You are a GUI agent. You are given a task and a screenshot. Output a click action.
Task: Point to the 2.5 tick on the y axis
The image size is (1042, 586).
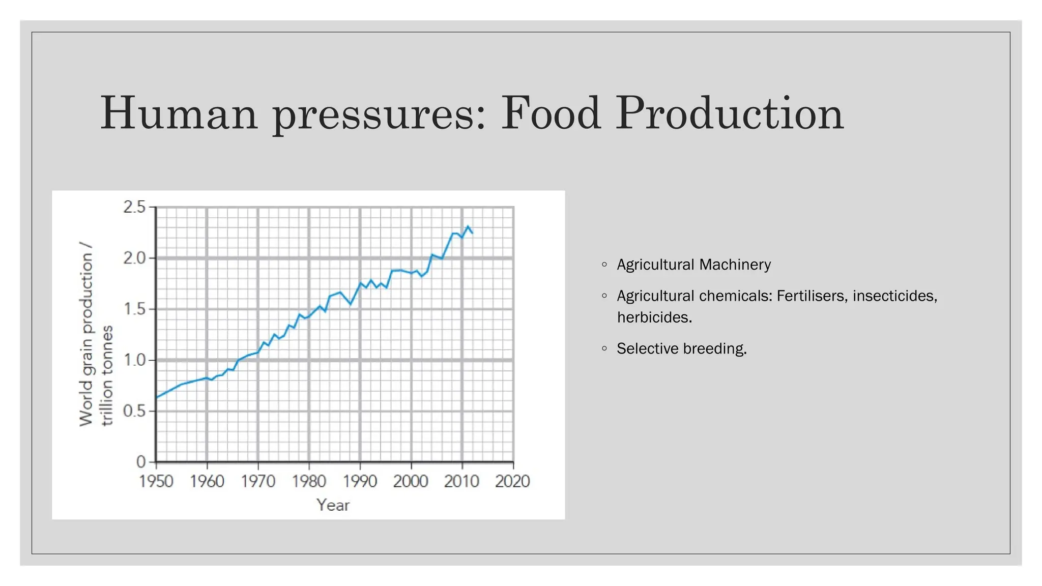pyautogui.click(x=134, y=207)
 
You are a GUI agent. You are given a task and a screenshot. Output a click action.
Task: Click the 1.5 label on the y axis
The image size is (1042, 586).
pyautogui.click(x=134, y=309)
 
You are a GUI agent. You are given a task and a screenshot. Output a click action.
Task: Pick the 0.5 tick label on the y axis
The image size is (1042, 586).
pyautogui.click(x=134, y=411)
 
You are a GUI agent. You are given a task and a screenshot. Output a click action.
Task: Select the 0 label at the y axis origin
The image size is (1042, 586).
pyautogui.click(x=141, y=462)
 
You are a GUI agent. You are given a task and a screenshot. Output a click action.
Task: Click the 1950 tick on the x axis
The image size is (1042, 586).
pyautogui.click(x=156, y=481)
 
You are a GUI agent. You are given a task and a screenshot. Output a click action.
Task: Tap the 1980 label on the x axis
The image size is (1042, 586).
pyautogui.click(x=309, y=481)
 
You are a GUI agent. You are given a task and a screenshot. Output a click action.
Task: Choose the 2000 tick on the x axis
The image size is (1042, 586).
pyautogui.click(x=411, y=481)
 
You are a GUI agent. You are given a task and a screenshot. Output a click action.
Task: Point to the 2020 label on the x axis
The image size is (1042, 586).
pyautogui.click(x=512, y=481)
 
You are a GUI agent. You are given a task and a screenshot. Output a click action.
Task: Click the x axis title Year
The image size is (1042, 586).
pyautogui.click(x=333, y=505)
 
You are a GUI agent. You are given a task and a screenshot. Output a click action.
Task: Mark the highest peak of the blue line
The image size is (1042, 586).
pyautogui.click(x=468, y=226)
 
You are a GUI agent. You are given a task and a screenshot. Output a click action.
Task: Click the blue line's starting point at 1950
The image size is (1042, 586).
pyautogui.click(x=157, y=397)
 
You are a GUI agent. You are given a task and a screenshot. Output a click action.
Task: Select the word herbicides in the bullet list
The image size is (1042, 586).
pyautogui.click(x=654, y=317)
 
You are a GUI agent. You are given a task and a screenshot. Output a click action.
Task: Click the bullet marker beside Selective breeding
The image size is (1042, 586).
pyautogui.click(x=604, y=348)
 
